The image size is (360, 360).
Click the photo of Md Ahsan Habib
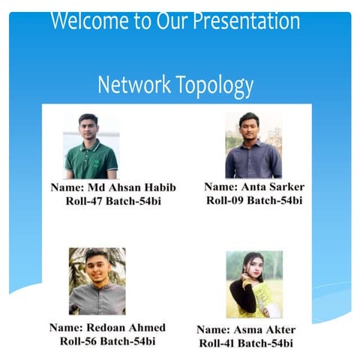pyautogui.click(x=91, y=145)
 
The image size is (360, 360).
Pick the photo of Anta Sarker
pyautogui.click(x=253, y=145)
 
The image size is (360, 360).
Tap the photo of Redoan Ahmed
pyautogui.click(x=97, y=281)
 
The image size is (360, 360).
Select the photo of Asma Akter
pyautogui.click(x=254, y=284)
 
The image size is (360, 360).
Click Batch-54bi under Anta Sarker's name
pyautogui.click(x=274, y=199)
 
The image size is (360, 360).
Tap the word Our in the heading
pyautogui.click(x=173, y=20)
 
